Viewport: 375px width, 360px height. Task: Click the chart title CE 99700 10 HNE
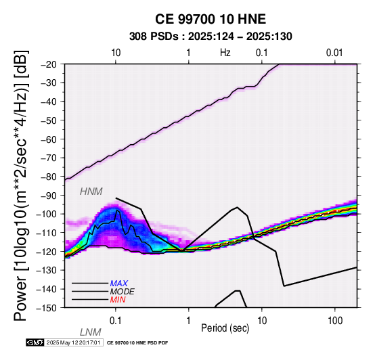coord(211,19)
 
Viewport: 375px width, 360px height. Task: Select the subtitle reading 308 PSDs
coord(154,37)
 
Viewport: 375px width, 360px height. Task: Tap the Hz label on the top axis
coord(225,53)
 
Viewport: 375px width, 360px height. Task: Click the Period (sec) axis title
coord(225,328)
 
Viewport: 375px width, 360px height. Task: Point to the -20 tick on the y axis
coord(49,64)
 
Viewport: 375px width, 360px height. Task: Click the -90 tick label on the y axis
coord(49,196)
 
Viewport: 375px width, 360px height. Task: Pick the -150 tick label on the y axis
coord(47,308)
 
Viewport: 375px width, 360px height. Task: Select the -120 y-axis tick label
coord(47,252)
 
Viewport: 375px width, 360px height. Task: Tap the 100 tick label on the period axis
coord(335,321)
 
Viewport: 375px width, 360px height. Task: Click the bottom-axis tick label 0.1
coord(116,321)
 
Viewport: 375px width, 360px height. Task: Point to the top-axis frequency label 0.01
coord(334,53)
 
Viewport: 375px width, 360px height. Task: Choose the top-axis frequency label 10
coord(116,53)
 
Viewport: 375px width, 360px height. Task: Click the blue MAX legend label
coord(119,284)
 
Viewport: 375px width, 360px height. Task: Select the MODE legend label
coord(123,292)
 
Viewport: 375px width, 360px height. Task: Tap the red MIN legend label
coord(118,300)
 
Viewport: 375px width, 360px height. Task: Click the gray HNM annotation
coord(91,192)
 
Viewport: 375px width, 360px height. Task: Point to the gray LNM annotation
coord(91,332)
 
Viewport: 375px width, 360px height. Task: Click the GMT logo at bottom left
coord(35,342)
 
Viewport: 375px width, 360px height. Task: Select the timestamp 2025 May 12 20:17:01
coord(73,342)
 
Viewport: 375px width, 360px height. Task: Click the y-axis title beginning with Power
coord(21,185)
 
